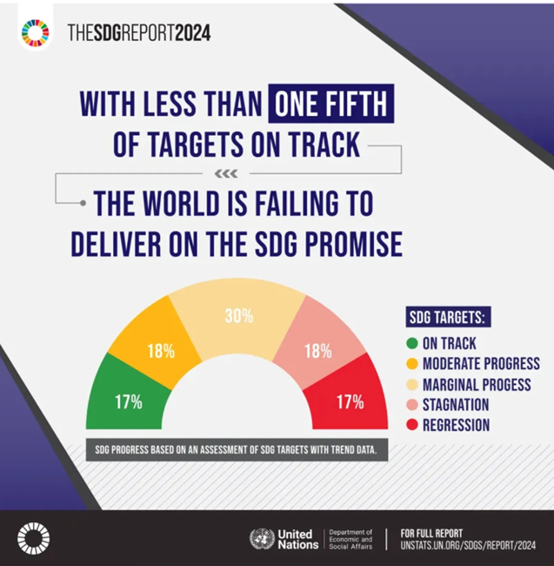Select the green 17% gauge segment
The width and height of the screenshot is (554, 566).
pyautogui.click(x=127, y=396)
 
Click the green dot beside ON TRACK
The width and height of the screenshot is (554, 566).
pyautogui.click(x=411, y=343)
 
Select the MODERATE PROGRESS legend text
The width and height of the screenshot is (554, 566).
pyautogui.click(x=481, y=364)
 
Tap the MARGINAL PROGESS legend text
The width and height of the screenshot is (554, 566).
pyautogui.click(x=476, y=384)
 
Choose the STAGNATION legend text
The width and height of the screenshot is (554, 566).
pyautogui.click(x=455, y=405)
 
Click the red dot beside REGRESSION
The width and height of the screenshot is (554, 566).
pyautogui.click(x=411, y=426)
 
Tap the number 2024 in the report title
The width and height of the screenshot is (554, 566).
pyautogui.click(x=189, y=33)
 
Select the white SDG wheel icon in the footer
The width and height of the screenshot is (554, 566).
pyautogui.click(x=34, y=537)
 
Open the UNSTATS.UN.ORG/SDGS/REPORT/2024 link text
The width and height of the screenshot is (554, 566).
pyautogui.click(x=467, y=545)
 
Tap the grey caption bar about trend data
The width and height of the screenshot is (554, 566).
pyautogui.click(x=237, y=452)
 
